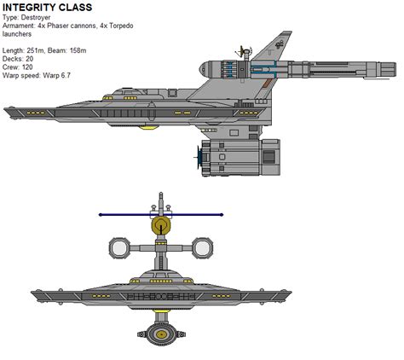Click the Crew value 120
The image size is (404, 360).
click(32, 69)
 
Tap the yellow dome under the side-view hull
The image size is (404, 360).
click(150, 128)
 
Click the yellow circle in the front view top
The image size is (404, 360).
click(159, 226)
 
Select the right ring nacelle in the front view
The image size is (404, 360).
click(201, 248)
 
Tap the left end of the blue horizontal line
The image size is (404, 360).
click(101, 214)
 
